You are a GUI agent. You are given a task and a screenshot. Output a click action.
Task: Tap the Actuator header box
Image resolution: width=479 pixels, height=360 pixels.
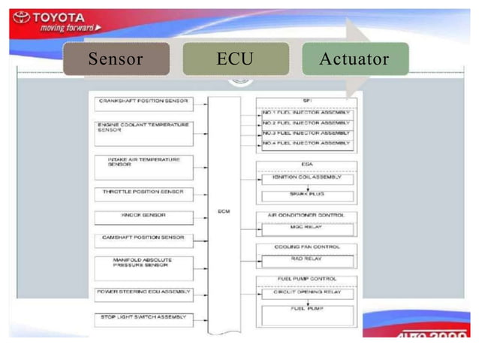[354, 59]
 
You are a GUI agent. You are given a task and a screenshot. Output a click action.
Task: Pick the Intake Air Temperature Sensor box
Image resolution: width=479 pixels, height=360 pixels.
[143, 164]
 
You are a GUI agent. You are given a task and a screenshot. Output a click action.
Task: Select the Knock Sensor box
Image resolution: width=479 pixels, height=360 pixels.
[143, 216]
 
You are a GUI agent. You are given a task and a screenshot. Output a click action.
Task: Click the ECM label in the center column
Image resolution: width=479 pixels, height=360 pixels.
[224, 210]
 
